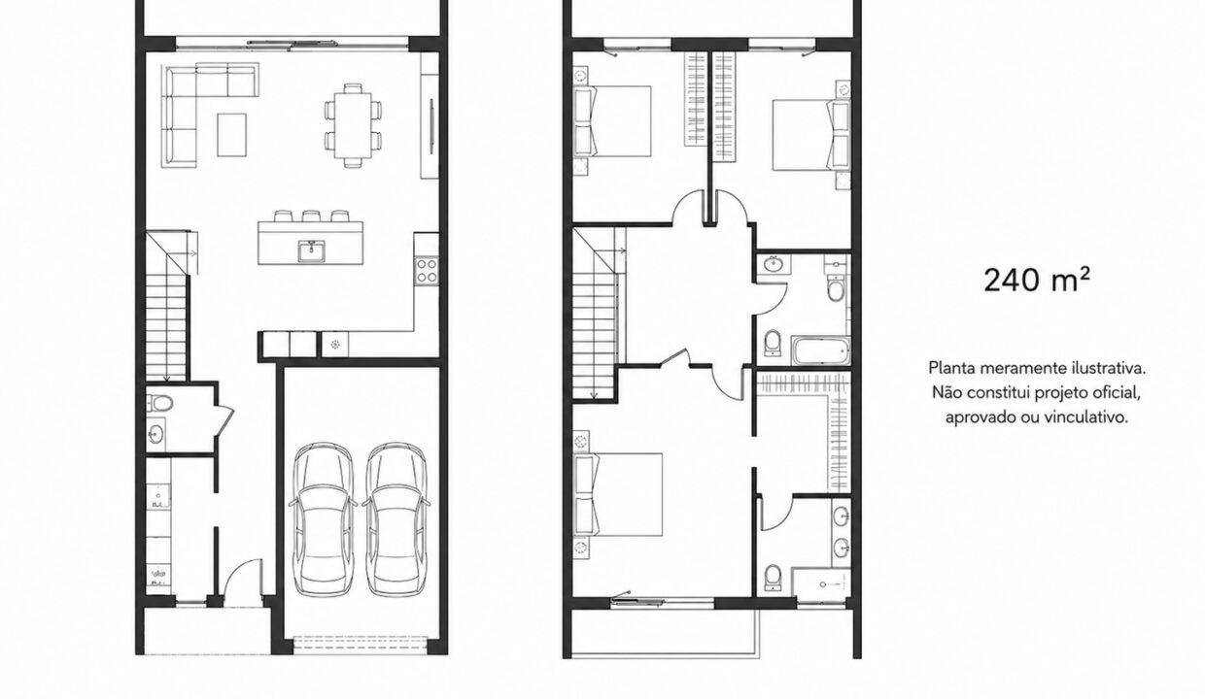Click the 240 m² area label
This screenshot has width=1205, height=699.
tap(1037, 280)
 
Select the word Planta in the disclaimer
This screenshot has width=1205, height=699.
tap(952, 369)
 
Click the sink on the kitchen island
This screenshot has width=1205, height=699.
tap(312, 250)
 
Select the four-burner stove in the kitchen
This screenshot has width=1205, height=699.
tap(426, 271)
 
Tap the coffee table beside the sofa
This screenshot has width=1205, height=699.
tap(232, 134)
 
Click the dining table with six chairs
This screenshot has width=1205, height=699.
tap(353, 125)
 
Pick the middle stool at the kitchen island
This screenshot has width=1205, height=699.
tap(311, 216)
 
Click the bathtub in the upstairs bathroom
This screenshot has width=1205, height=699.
tap(820, 350)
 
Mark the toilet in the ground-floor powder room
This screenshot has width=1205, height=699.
tap(161, 403)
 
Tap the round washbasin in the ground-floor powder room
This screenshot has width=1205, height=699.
tap(156, 433)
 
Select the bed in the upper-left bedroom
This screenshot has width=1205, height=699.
tap(613, 121)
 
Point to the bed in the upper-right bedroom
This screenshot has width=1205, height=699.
tap(810, 135)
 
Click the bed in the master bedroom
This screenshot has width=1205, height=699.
tap(618, 494)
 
